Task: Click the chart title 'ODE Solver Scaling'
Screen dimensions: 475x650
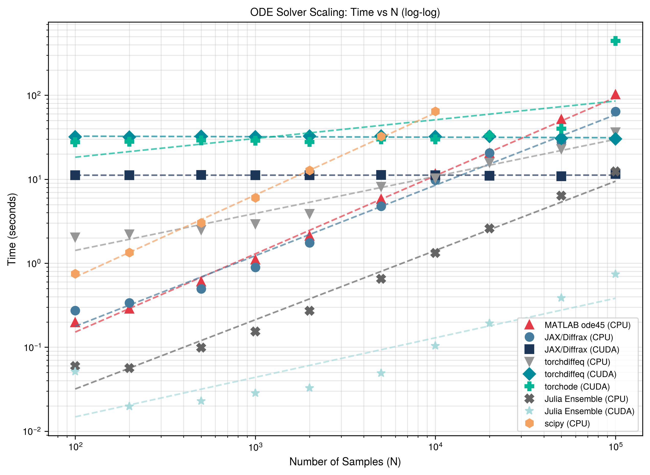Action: (x=345, y=12)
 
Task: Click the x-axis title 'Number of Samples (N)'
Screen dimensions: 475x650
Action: (x=345, y=461)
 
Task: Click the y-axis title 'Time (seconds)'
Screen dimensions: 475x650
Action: (x=12, y=229)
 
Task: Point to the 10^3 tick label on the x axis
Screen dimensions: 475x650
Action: (x=255, y=447)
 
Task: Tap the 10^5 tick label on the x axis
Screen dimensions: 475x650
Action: (x=615, y=447)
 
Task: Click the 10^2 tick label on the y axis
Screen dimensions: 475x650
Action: (x=34, y=95)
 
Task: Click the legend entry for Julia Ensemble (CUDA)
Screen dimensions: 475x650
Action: (x=589, y=411)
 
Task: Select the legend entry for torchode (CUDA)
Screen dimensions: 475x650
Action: (x=577, y=387)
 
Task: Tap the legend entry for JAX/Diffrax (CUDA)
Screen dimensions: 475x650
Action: (x=581, y=350)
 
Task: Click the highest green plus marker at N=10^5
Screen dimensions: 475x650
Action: (x=615, y=41)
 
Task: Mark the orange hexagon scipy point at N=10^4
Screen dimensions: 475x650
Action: (x=435, y=111)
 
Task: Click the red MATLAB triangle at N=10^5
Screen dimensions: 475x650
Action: (x=615, y=95)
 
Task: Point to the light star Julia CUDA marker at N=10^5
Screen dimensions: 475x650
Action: (x=615, y=274)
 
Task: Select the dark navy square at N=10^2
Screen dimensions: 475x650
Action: (x=75, y=175)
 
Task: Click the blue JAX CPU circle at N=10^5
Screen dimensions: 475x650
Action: (x=615, y=112)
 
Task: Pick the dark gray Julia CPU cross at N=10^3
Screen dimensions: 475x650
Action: (x=255, y=332)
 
